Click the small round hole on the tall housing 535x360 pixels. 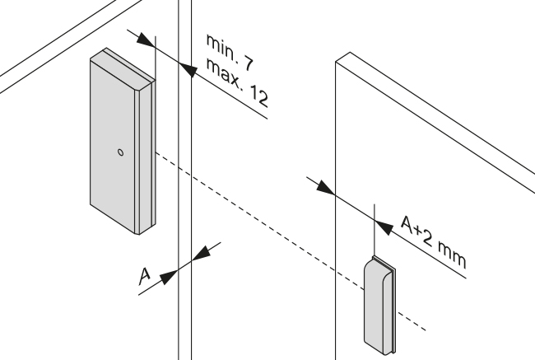tap(119, 152)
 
